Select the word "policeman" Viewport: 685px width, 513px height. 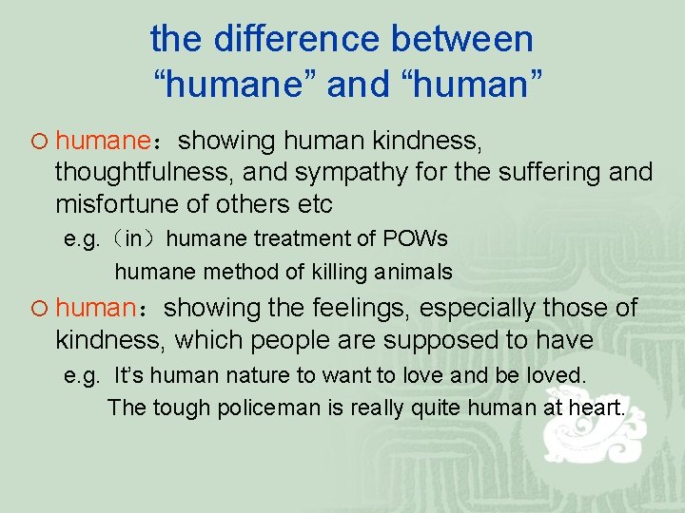click(240, 408)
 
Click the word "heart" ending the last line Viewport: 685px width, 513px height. click(597, 408)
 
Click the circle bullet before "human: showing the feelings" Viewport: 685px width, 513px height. click(38, 309)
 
